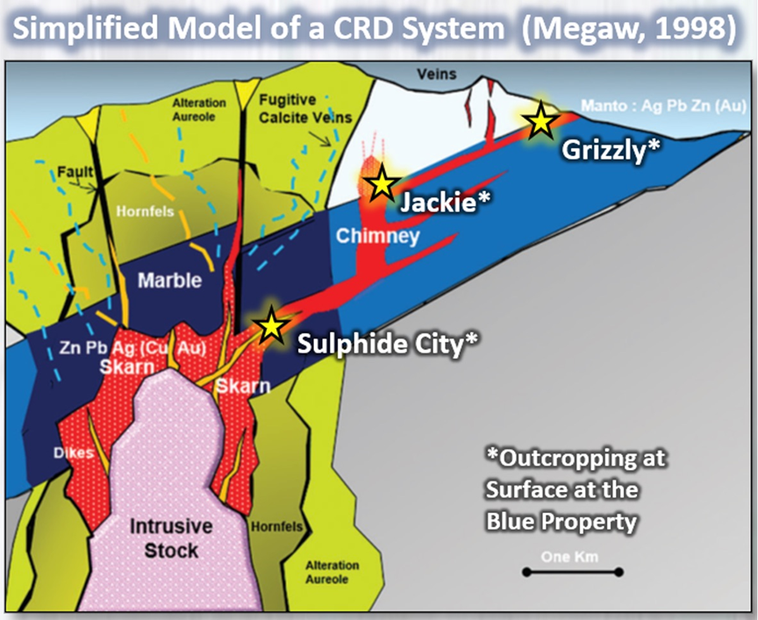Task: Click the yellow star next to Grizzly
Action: coord(540,119)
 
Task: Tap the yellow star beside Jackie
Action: coord(381,185)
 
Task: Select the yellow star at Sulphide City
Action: coord(271,324)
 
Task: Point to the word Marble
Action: coord(169,281)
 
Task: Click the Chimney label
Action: coord(367,237)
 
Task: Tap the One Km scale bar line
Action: coord(572,572)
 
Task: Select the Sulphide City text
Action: coord(388,343)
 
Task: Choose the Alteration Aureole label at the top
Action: coord(200,109)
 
